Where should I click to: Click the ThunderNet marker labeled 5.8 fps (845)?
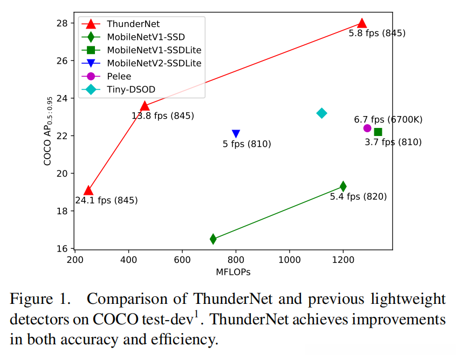(362, 23)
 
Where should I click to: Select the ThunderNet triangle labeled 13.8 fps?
(145, 106)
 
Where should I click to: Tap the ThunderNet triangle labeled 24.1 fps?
(88, 191)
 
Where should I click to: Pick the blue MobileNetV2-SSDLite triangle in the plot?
(236, 134)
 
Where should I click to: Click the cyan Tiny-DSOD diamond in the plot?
(322, 113)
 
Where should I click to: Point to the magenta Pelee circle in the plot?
(367, 128)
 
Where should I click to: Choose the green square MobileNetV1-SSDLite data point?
(378, 132)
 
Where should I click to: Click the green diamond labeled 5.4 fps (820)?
(343, 186)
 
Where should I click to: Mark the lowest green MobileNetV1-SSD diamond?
(214, 239)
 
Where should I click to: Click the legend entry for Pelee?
(119, 76)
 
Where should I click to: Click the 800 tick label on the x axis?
(236, 260)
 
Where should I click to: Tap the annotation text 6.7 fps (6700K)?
(387, 119)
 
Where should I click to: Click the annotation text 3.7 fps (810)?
(393, 142)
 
